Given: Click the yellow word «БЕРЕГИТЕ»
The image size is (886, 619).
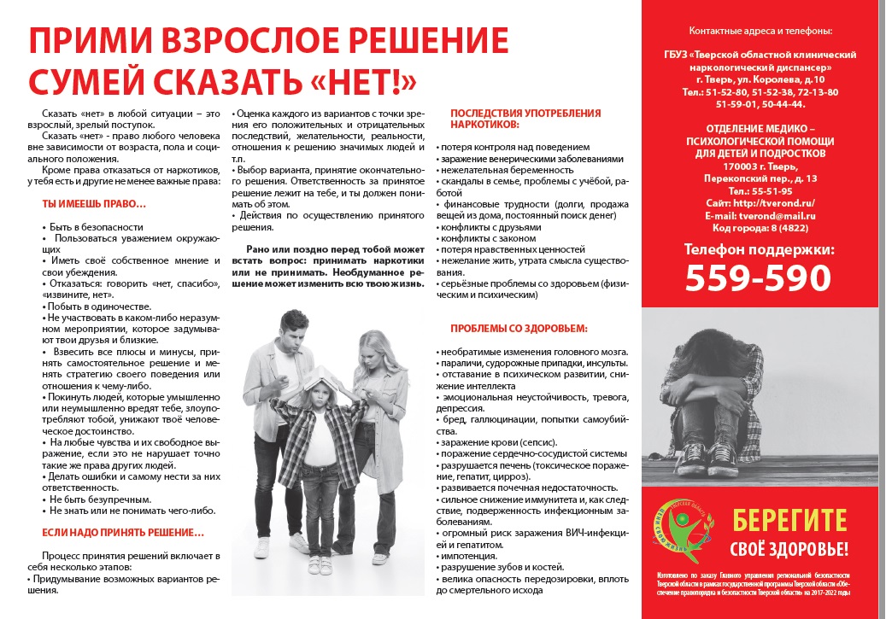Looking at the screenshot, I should (789, 519).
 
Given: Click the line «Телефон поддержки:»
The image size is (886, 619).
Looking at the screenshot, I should (759, 249).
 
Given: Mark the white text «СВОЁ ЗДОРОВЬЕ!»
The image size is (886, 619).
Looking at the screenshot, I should (789, 547).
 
